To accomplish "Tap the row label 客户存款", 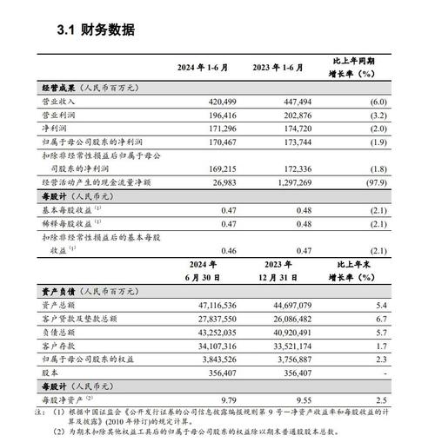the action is coord(58,346).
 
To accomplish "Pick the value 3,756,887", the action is coord(287,359).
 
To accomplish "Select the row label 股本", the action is coord(51,372).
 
